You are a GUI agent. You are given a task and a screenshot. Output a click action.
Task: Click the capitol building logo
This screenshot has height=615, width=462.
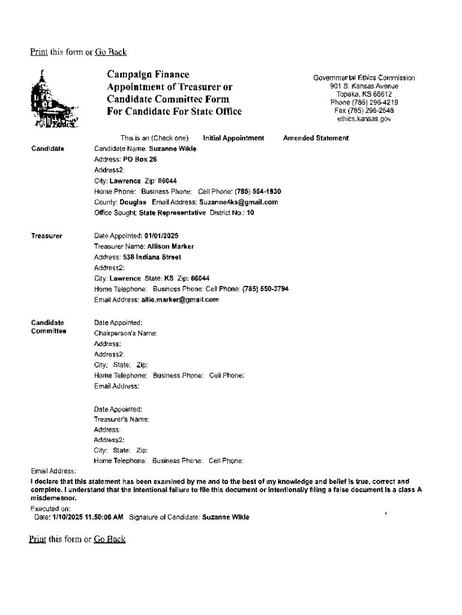point(53,101)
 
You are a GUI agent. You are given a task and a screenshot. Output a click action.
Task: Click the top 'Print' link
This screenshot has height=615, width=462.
point(39,52)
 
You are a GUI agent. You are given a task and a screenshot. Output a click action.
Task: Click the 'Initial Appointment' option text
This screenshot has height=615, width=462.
point(233,138)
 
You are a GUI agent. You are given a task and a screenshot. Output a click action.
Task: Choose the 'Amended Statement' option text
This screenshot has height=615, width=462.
point(316,138)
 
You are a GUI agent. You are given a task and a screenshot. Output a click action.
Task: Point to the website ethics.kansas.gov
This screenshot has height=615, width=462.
point(364,119)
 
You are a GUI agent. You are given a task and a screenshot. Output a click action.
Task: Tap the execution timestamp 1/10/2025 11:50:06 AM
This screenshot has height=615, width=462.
point(87,517)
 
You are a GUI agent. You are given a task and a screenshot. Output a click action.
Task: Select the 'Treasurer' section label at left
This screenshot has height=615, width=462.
point(46,235)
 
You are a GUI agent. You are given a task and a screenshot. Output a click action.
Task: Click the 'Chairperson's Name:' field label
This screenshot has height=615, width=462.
point(125,333)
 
